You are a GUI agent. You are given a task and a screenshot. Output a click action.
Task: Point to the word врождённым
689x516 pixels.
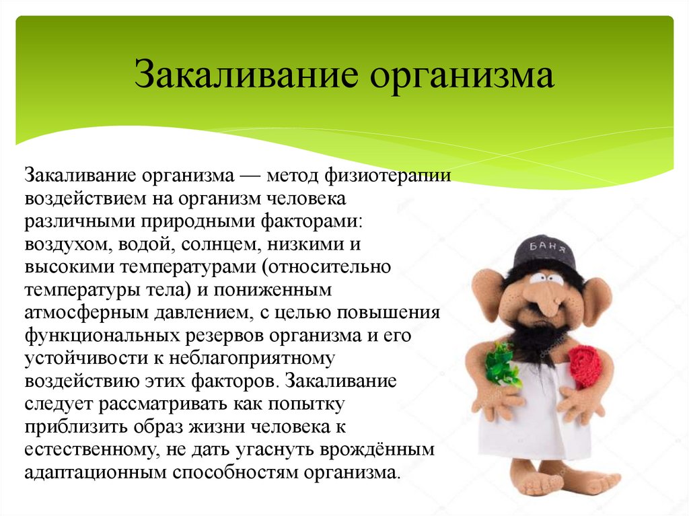click(x=391, y=451)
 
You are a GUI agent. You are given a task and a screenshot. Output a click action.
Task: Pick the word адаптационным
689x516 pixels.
click(x=94, y=474)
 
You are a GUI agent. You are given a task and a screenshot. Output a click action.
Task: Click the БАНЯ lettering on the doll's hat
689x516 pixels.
click(x=544, y=245)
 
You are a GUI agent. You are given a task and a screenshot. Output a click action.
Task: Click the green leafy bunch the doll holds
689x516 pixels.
click(x=501, y=364)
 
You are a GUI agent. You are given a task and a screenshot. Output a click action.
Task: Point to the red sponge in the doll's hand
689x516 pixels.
click(x=584, y=367)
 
